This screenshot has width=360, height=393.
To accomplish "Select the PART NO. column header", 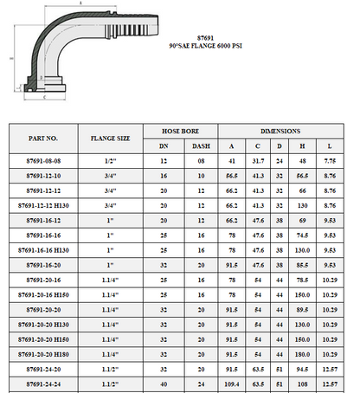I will tap(42, 138).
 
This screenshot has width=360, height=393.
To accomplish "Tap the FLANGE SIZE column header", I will tap(110, 138).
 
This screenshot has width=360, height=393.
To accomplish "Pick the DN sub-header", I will tap(164, 145).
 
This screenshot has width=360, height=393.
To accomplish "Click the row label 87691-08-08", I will tap(42, 161).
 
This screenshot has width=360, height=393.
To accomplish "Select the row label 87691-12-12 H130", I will tap(42, 205).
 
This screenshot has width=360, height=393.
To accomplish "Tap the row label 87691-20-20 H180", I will tap(42, 354).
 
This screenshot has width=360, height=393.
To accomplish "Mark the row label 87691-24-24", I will tap(42, 383).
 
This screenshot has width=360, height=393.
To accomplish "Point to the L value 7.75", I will tap(330, 161).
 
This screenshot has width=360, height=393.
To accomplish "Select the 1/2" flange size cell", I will tap(110, 161).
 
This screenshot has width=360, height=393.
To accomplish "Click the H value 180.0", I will tap(303, 354).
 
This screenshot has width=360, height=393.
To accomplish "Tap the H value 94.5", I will tap(303, 369).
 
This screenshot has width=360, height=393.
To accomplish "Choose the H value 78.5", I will tap(303, 280).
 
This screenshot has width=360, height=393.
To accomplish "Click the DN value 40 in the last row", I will tap(164, 383).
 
